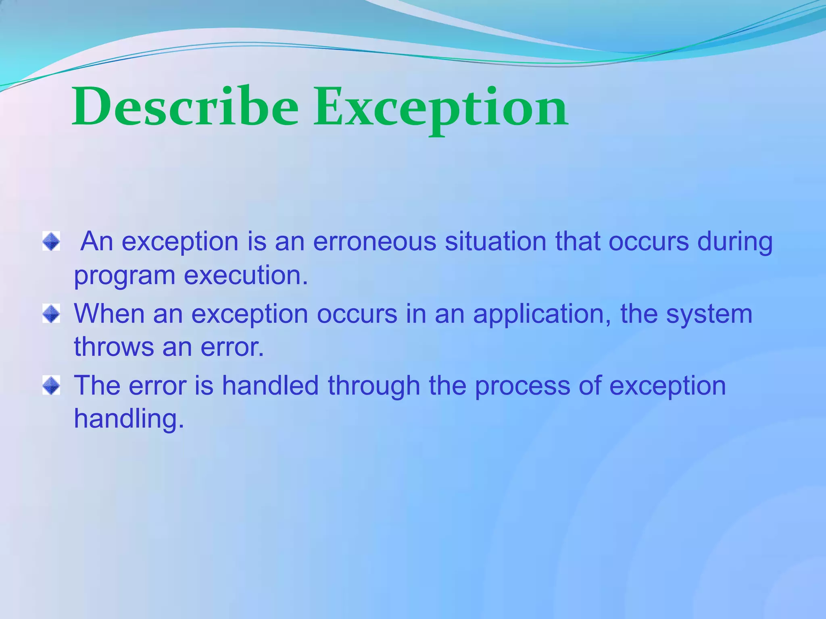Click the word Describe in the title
click(185, 107)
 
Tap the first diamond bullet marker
click(51, 241)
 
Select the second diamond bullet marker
click(51, 314)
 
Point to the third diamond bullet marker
click(51, 385)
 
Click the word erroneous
click(375, 241)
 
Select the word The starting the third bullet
click(97, 385)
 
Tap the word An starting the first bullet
click(97, 241)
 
